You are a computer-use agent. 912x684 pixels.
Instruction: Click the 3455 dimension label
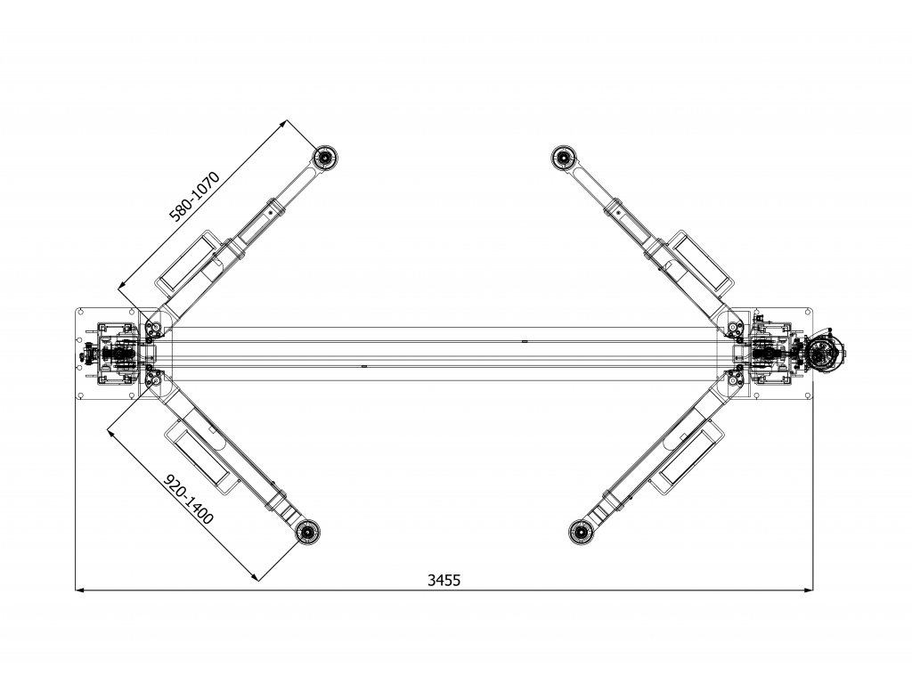444,580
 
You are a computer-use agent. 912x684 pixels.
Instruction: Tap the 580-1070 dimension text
195,197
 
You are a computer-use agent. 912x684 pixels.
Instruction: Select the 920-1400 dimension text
190,499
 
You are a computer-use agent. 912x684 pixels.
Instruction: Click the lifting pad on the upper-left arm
325,158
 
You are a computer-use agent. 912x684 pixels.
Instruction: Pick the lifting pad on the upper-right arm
564,158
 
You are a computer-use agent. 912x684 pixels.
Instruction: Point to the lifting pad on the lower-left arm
307,532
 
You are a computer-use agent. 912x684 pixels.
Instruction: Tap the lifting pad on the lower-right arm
580,532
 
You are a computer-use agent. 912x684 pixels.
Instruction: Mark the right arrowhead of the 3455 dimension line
808,590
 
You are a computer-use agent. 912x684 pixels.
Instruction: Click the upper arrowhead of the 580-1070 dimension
283,124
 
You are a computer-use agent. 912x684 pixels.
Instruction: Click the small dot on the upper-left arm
271,214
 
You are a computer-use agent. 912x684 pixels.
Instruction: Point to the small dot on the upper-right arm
618,214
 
